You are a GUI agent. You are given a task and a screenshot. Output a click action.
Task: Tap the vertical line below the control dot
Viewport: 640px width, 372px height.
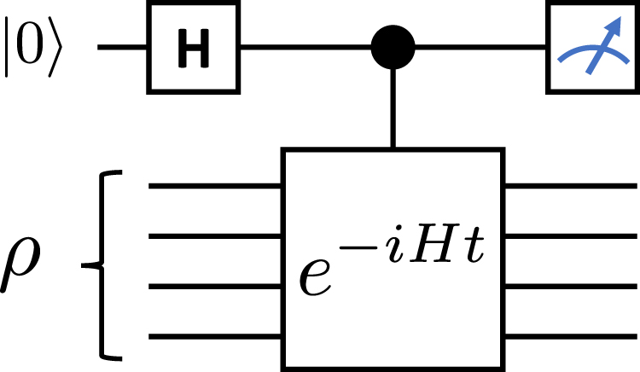393,111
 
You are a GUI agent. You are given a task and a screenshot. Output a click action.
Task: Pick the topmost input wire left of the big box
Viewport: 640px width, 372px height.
213,184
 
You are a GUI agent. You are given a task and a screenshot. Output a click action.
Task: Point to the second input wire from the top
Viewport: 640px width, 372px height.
213,234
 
